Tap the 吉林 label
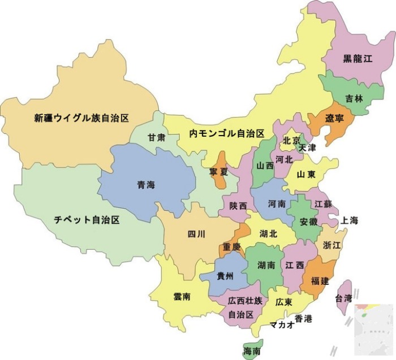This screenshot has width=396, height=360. [x=355, y=98]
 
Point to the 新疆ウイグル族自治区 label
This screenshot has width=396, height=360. [x=81, y=118]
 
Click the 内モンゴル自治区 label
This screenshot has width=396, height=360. [x=227, y=134]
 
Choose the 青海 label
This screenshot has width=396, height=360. [x=145, y=185]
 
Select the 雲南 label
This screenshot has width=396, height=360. [x=182, y=296]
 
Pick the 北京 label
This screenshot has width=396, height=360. [x=291, y=140]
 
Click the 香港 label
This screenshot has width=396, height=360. [x=303, y=318]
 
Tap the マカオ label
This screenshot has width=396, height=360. [x=281, y=324]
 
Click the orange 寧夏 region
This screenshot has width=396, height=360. [x=219, y=170]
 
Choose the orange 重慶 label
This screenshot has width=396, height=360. [x=231, y=247]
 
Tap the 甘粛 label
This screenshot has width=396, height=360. [x=157, y=137]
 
